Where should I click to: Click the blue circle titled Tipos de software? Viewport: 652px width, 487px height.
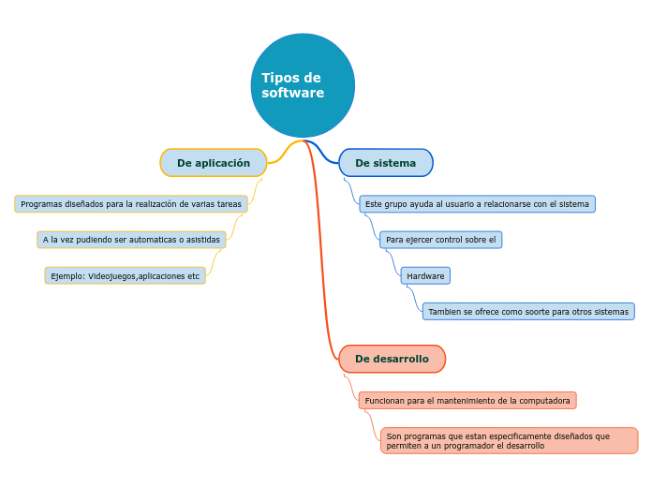tap(303, 85)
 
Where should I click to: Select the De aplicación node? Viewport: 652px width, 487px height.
tap(214, 163)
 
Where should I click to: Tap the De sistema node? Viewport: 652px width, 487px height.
tap(385, 163)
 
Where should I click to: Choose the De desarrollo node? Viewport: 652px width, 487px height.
tap(392, 359)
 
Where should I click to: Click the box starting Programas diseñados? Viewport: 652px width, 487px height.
tap(131, 204)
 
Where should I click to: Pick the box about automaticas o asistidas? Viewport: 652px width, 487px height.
tap(131, 240)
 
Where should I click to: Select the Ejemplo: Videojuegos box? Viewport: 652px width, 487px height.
tap(125, 276)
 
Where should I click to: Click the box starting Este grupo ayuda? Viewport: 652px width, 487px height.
tap(477, 204)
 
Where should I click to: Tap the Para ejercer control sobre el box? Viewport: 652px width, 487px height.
tap(440, 240)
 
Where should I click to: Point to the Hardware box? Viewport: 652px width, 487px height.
tap(425, 276)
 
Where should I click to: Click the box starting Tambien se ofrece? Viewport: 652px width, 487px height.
tap(528, 312)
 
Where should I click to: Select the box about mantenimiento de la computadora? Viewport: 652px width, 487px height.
tap(467, 401)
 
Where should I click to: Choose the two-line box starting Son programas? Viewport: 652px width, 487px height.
tap(509, 441)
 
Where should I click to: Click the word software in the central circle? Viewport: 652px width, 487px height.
tap(292, 94)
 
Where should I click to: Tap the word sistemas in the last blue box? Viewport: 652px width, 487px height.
tap(611, 312)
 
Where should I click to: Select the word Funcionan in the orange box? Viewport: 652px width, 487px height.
tap(384, 401)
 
